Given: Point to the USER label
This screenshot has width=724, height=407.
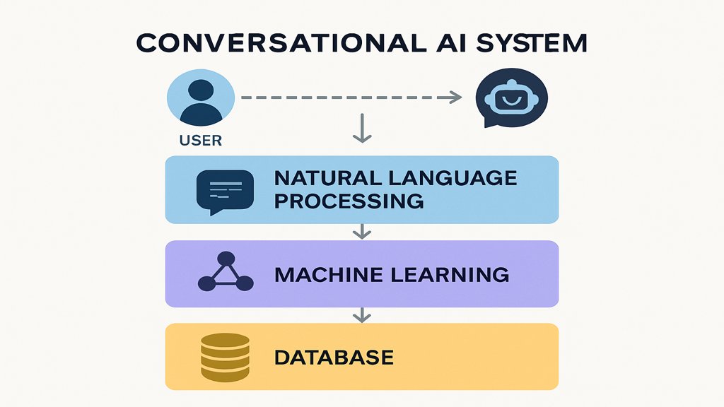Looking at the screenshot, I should click(200, 141).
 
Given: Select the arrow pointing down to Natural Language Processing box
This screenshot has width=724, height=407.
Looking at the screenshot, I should click(362, 129).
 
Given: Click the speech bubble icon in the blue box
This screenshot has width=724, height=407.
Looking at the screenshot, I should click(225, 189).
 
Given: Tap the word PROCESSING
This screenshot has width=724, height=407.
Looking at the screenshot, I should click(349, 201).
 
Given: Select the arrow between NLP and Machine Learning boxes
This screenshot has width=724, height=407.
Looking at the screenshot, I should click(362, 231).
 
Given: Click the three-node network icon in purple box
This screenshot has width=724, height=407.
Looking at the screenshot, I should click(225, 273).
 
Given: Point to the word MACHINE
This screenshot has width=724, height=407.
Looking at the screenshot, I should click(319, 274).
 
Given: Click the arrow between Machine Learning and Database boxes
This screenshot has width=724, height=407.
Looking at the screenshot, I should click(362, 314).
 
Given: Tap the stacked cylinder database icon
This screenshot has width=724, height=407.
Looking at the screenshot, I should click(225, 357).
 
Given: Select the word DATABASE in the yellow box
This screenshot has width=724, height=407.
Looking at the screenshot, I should click(334, 357).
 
